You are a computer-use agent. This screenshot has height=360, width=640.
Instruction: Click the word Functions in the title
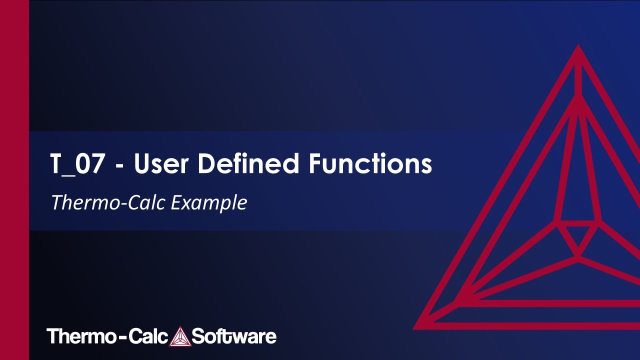coord(370,164)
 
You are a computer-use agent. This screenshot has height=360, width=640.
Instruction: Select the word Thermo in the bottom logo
coord(80,336)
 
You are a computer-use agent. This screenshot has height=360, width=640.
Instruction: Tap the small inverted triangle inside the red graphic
coord(578,239)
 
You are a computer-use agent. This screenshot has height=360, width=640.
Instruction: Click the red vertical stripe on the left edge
coord(14,180)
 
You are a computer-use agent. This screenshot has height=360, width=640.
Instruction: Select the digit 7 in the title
coord(98,164)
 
